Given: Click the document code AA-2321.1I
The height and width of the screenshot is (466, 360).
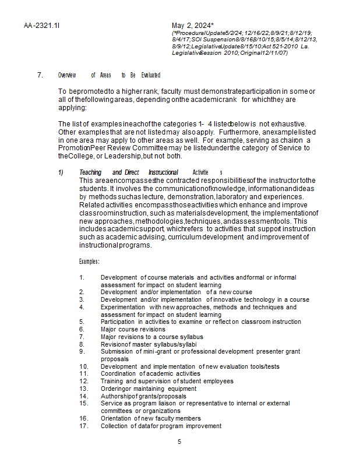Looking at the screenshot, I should pos(42,26).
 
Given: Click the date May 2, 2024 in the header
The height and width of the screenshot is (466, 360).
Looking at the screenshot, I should pos(191,26).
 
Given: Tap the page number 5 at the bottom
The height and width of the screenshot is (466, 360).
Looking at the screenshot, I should pos(179,442).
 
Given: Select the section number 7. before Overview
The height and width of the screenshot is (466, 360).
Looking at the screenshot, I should pos(40,75).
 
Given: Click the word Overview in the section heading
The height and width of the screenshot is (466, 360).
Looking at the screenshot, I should pos(67,75).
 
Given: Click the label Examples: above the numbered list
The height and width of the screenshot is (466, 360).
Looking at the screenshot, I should pos(89,262).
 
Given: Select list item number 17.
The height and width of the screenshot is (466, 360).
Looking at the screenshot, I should pos(83,426).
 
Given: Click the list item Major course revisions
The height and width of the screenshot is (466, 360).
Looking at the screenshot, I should pos(133,329).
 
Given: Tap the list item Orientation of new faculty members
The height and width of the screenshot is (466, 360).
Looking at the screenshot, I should pos(150,418).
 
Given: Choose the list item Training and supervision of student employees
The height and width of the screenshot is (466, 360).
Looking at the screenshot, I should pos(167,382).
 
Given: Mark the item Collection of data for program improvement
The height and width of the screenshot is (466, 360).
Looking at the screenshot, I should pos(160,426).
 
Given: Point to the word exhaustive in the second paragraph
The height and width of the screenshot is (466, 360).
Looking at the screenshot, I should pos(288,124).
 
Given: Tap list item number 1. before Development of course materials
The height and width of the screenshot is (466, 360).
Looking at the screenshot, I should pos(82,277).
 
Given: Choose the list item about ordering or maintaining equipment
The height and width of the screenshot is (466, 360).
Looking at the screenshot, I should pos(148,389).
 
